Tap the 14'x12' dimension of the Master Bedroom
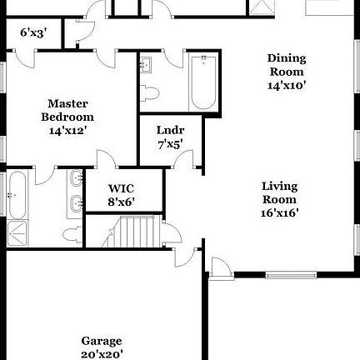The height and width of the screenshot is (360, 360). (x=68, y=130)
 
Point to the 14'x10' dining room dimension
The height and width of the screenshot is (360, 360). (x=287, y=85)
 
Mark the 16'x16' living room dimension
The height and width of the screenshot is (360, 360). (x=280, y=212)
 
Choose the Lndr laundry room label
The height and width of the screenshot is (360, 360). (x=170, y=130)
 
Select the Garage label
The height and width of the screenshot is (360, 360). (x=102, y=341)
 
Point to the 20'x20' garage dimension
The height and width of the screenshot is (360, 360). (x=102, y=354)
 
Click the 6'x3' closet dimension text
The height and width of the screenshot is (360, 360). (x=33, y=33)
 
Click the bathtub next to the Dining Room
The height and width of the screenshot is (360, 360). (x=203, y=82)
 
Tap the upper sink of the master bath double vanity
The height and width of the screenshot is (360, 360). (x=77, y=177)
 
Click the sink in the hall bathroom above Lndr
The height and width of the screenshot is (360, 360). (x=147, y=65)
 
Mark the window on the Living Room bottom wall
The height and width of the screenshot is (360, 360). (x=292, y=274)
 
